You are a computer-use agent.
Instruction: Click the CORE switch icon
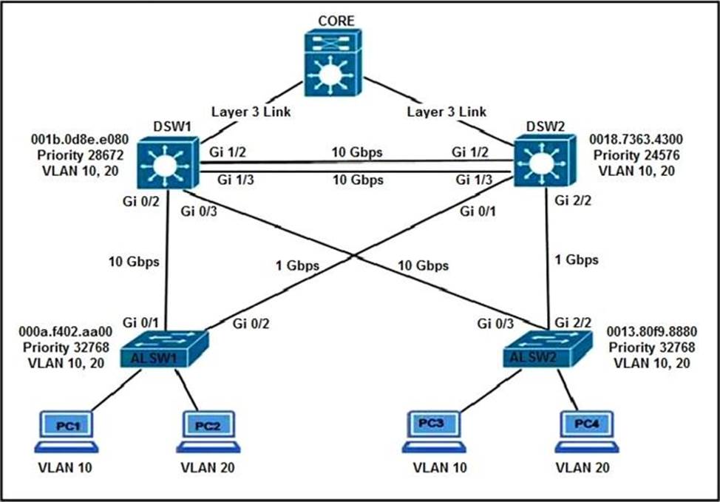pos(333,64)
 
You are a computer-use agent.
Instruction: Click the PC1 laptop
pos(66,432)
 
